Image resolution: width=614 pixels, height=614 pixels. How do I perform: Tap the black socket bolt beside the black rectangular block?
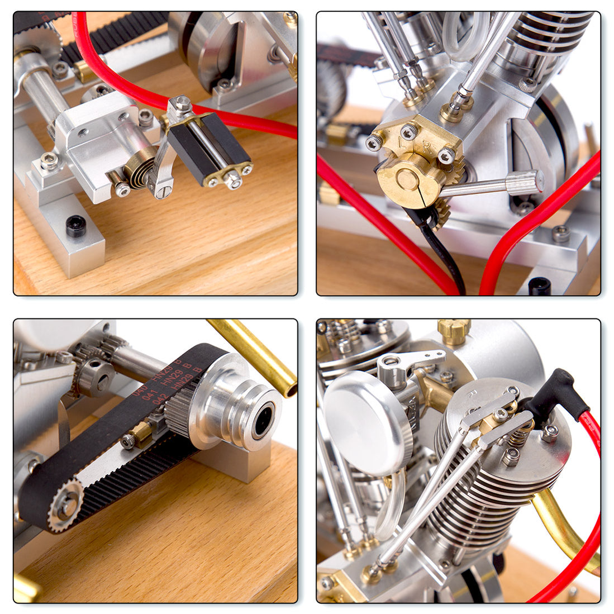pyautogui.click(x=76, y=226)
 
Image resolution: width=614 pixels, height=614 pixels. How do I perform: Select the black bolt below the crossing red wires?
pyautogui.click(x=540, y=286)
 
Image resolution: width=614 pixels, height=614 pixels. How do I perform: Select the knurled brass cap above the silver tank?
pyautogui.click(x=454, y=330)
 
